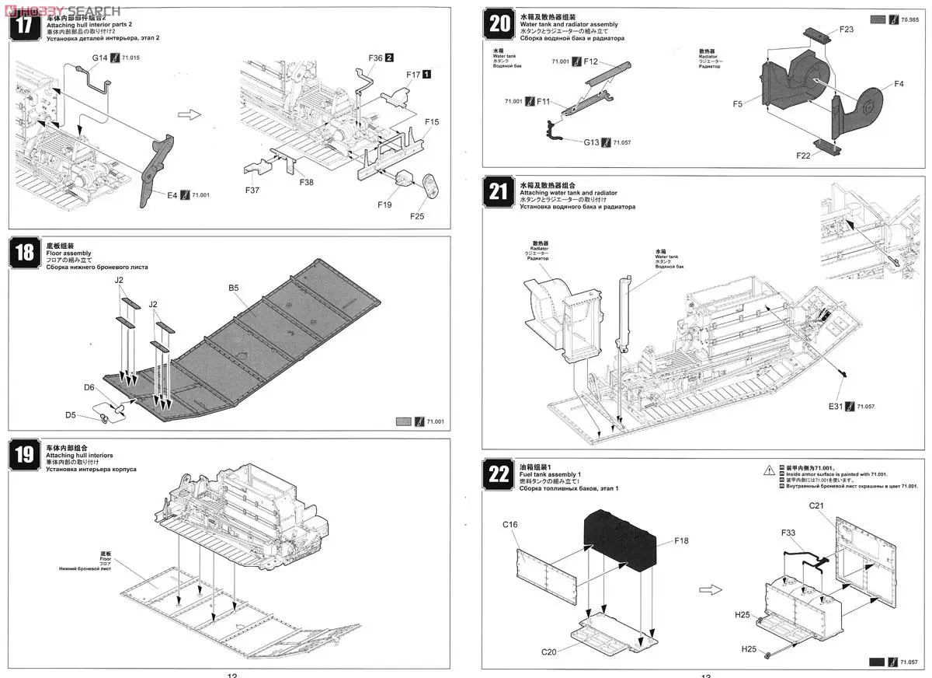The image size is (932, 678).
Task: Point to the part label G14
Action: (100, 58)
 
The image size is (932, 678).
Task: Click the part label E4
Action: (172, 194)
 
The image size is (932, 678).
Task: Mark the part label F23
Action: (847, 30)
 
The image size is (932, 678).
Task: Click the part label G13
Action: (593, 142)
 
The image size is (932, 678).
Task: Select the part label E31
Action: (835, 406)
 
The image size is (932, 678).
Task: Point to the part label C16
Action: (509, 525)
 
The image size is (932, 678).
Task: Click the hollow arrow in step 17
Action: (189, 114)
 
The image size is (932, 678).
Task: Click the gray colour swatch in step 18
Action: (403, 421)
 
